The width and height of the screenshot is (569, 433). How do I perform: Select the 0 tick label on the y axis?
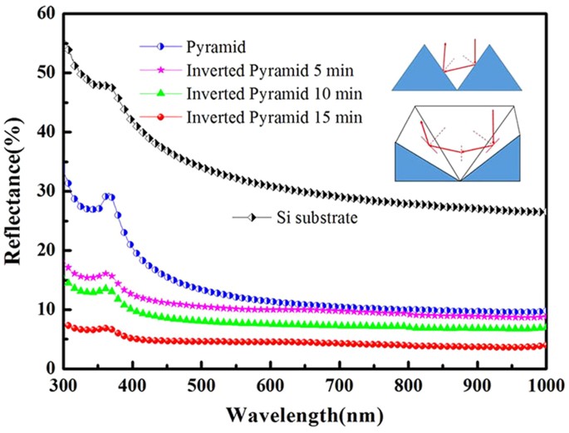pos(51,368)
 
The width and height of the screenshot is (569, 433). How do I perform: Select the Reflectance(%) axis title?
pos(14,190)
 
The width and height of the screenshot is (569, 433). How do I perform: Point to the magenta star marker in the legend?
pos(158,66)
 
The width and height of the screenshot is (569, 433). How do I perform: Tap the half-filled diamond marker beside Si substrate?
pos(255,219)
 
